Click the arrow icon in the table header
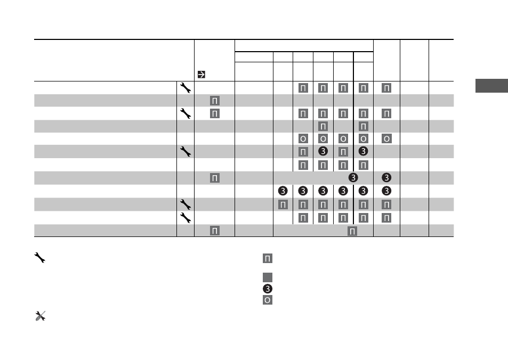point(201,75)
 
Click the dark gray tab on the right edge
point(491,86)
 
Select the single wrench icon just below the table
point(39,258)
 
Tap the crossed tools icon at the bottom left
point(41,316)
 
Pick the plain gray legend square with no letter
point(267,277)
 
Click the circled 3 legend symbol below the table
point(267,289)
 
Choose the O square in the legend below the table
point(267,300)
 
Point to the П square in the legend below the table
point(267,258)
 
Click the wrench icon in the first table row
point(186,88)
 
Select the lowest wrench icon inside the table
point(186,218)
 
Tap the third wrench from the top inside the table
point(186,151)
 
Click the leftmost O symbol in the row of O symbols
point(303,139)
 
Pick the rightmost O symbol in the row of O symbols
point(386,139)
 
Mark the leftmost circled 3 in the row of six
point(283,191)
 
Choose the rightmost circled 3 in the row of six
point(386,191)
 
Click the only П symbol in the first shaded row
point(215,101)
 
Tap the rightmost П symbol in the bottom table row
point(352,231)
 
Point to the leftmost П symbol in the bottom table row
point(215,231)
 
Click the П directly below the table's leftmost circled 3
point(283,204)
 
